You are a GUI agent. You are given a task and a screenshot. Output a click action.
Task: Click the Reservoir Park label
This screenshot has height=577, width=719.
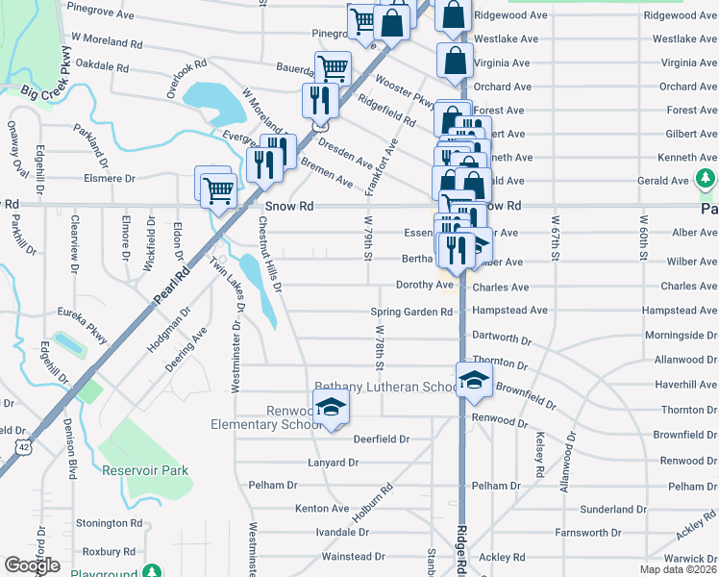pos(145,470)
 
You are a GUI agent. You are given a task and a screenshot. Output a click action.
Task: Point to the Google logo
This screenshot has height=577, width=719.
pos(33,565)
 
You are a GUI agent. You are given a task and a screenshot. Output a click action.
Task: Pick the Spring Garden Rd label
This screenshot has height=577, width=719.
pos(411,312)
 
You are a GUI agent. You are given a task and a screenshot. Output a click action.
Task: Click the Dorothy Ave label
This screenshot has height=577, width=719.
pos(424,285)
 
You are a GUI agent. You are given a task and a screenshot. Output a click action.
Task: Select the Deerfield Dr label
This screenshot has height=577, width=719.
pos(382,439)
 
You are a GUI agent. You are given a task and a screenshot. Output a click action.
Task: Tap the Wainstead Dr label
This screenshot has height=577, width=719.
pos(353,556)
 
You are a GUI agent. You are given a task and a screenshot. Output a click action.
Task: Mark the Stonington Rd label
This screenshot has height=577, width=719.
pos(109,523)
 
